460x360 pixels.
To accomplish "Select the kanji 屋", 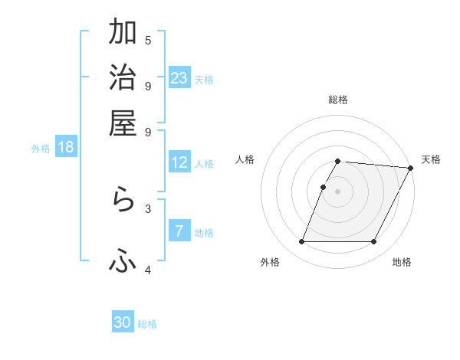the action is (123, 122).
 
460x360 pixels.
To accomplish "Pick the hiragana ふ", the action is (123, 261).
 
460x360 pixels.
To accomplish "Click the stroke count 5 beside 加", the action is (148, 41).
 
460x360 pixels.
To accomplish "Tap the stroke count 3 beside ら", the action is (148, 208).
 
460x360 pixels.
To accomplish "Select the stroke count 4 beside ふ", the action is (148, 270).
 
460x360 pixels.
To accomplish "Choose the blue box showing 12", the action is (179, 162).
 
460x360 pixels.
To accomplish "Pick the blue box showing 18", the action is (66, 147).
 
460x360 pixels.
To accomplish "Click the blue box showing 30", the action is (123, 322).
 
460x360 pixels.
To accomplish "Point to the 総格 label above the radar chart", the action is (338, 100).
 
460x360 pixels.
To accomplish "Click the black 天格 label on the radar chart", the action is (431, 159).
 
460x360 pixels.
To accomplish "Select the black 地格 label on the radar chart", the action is (402, 263).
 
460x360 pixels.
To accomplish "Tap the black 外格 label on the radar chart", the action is (270, 263).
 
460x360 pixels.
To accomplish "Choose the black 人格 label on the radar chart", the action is (245, 159).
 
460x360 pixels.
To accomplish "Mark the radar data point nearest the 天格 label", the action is (410, 168).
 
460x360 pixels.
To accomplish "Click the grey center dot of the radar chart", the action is (338, 191).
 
